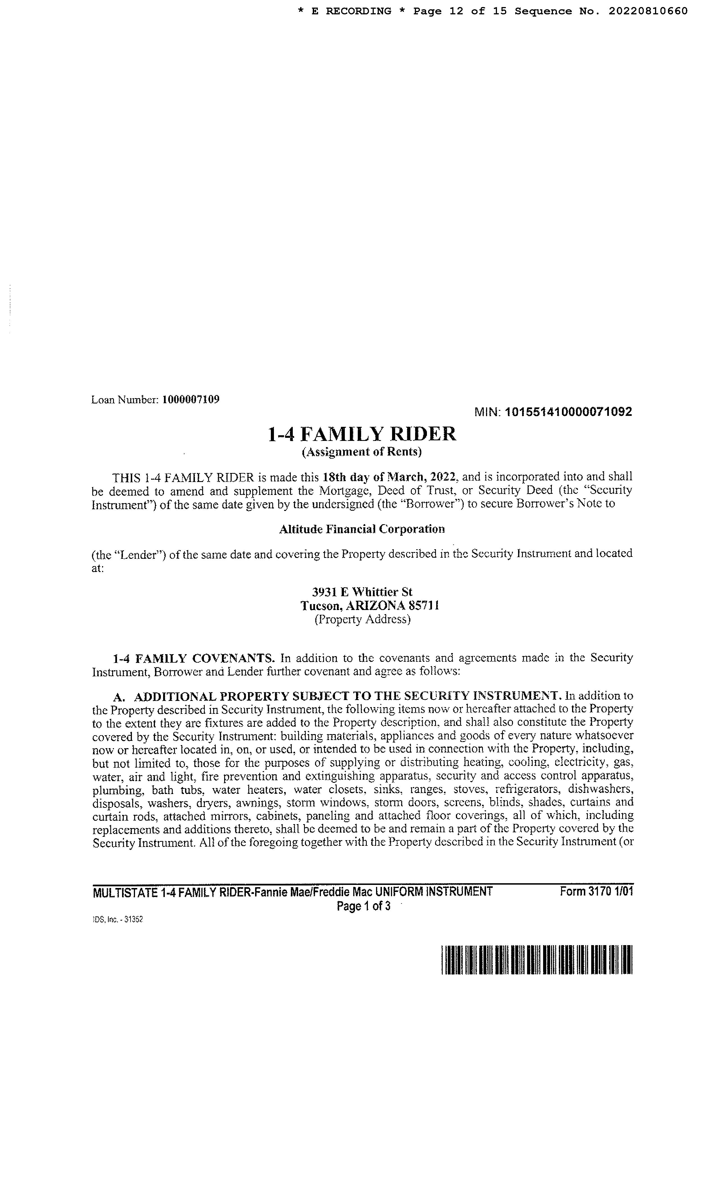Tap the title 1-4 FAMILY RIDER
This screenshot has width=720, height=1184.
[x=362, y=434]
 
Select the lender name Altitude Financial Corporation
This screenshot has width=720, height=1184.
[x=362, y=529]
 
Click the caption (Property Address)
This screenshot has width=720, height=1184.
[x=362, y=619]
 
